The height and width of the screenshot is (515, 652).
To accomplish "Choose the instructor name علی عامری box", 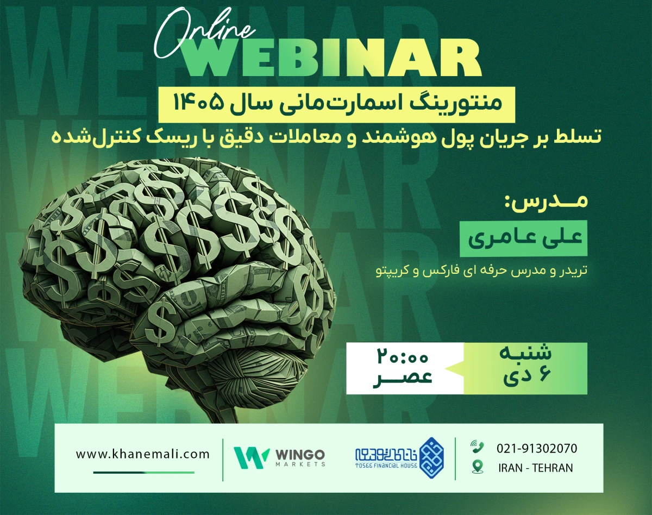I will (524, 238).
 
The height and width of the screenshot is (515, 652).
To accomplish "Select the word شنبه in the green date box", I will (525, 353).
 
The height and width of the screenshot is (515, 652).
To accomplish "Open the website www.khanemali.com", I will (143, 454).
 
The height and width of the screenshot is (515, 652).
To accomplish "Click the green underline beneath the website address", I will (143, 472).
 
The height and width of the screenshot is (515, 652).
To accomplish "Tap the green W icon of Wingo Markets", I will (252, 457).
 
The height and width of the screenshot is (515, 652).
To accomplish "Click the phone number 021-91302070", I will (537, 449).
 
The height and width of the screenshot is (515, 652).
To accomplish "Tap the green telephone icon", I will (478, 448).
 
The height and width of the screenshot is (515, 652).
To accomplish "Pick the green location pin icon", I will (478, 467).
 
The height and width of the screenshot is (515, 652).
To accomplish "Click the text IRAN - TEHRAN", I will (535, 468).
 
